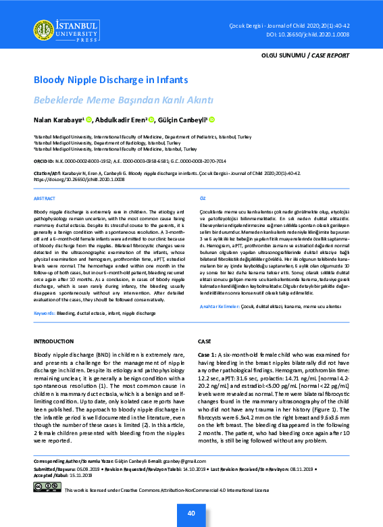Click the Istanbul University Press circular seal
coord(44,28)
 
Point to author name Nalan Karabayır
coord(58,120)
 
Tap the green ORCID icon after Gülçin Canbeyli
coord(211,120)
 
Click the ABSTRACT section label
coord(45,199)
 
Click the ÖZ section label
coord(201,199)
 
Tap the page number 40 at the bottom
coord(192,514)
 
